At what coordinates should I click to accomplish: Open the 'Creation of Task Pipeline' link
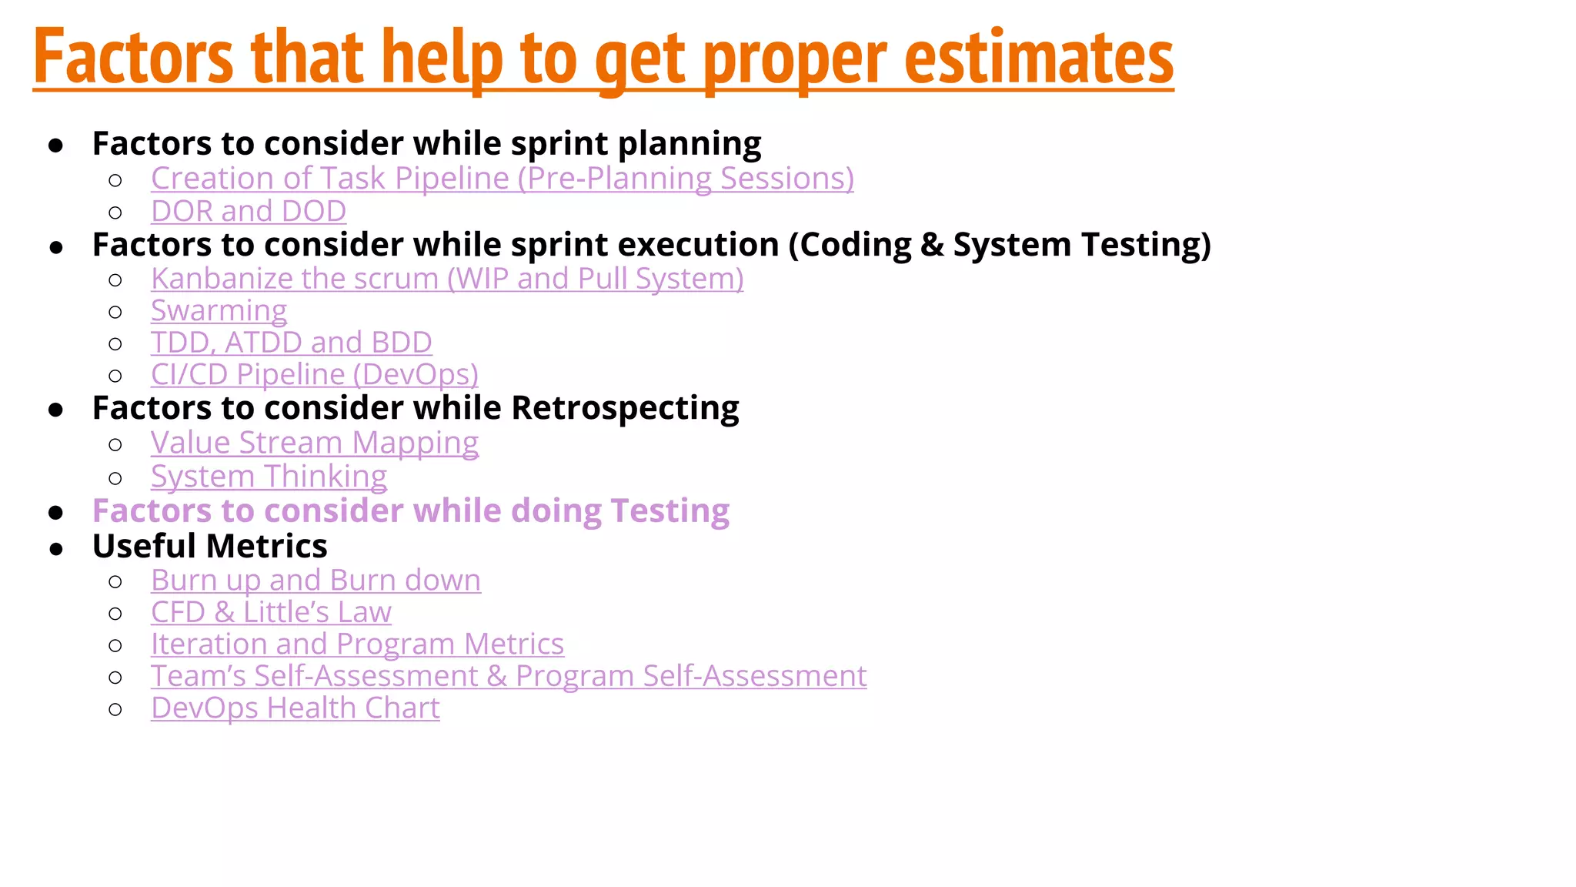502,179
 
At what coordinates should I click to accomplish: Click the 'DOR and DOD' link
248,211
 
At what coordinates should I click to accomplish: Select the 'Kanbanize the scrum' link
446,279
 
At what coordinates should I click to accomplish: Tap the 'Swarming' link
219,310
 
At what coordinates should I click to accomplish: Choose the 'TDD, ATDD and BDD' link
291,343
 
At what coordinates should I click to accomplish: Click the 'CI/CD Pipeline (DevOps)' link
314,375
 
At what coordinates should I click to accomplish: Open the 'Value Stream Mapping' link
314,443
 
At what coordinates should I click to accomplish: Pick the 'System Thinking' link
269,477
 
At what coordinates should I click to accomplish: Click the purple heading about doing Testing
410,511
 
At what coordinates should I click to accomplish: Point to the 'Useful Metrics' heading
209,547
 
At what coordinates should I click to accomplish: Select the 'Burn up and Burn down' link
316,581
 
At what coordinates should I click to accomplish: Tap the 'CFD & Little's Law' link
271,613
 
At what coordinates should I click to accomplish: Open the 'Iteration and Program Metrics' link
357,644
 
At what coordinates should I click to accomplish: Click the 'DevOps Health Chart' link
295,708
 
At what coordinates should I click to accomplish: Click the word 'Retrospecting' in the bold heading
624,408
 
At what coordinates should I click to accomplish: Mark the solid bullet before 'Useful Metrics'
55,549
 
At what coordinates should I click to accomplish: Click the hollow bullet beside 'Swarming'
115,312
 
